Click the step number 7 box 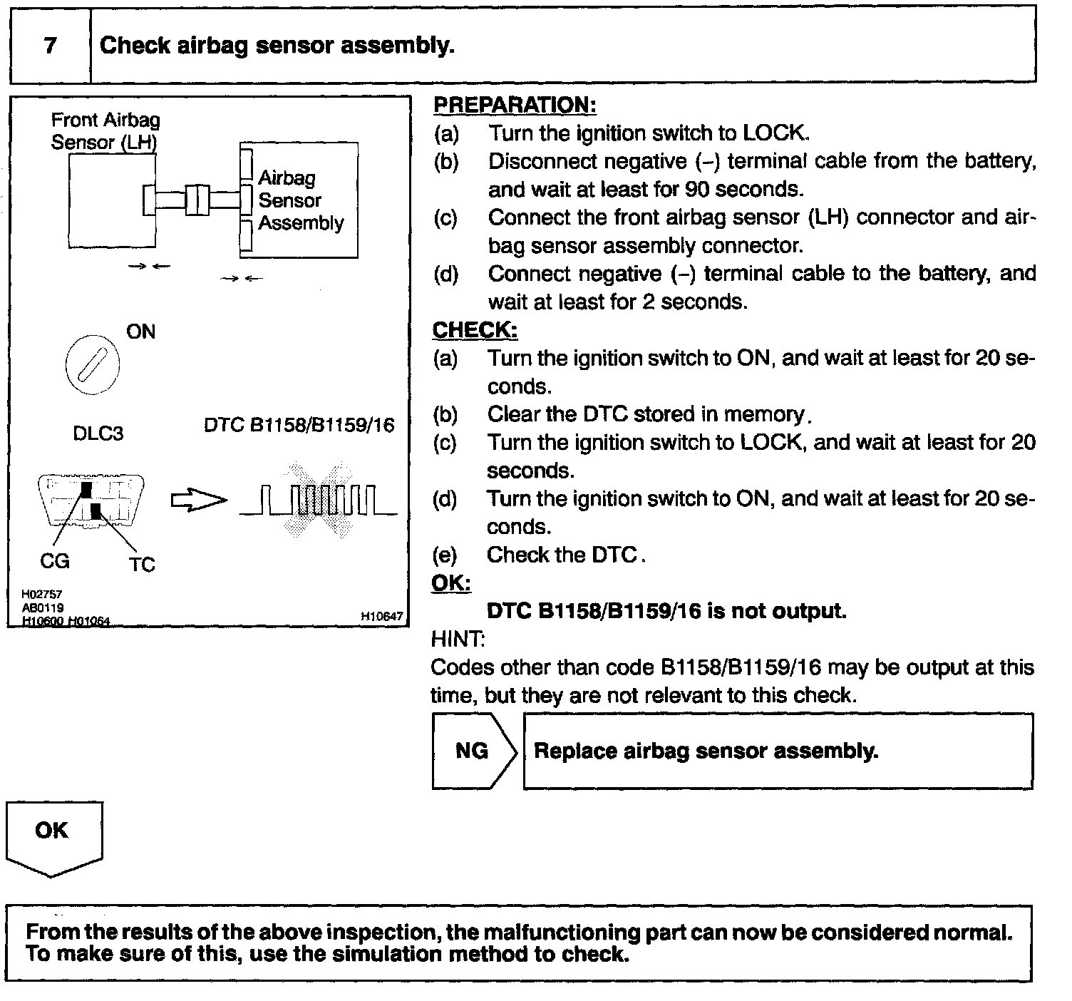50,46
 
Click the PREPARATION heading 514,106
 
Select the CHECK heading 475,330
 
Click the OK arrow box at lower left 53,834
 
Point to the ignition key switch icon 92,365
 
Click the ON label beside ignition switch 140,332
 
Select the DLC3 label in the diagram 98,433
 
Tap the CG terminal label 55,562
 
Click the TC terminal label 142,565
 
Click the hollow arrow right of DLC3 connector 197,501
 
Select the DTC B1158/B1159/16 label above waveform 299,426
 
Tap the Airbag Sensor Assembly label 300,200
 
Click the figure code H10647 382,617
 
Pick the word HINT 458,640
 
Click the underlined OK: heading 451,583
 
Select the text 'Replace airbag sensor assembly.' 706,751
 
